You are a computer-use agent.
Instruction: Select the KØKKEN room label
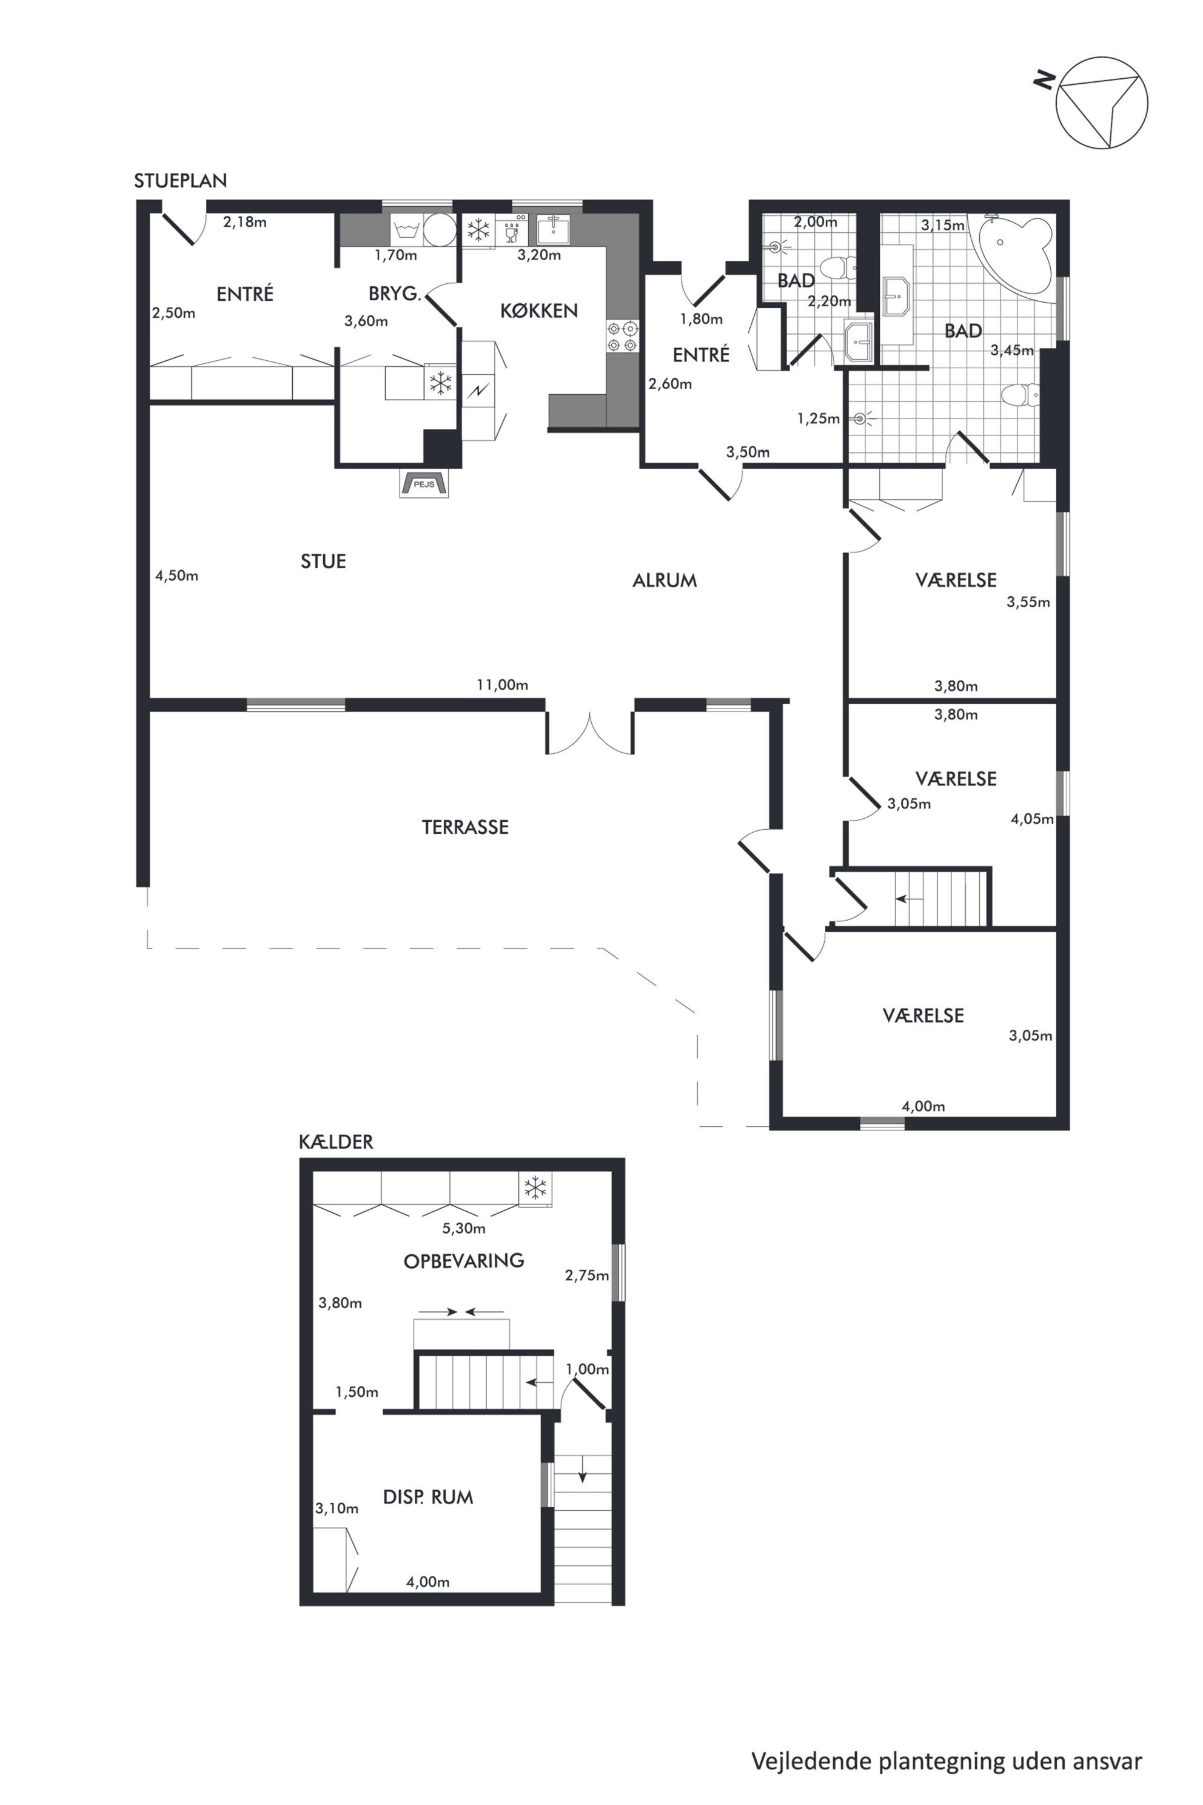click(538, 310)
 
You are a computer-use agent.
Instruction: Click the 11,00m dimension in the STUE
click(503, 685)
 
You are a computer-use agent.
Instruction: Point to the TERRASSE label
click(465, 827)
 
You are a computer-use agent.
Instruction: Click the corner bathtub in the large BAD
click(1011, 254)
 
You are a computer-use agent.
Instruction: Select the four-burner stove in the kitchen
click(622, 336)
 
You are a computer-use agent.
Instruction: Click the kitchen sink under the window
click(552, 229)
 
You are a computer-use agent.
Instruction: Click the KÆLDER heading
click(336, 1141)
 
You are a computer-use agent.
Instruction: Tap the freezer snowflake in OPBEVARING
click(535, 1188)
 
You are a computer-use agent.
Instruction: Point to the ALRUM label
click(665, 580)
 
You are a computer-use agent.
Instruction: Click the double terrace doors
click(589, 733)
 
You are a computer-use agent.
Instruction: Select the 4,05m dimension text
click(1032, 818)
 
